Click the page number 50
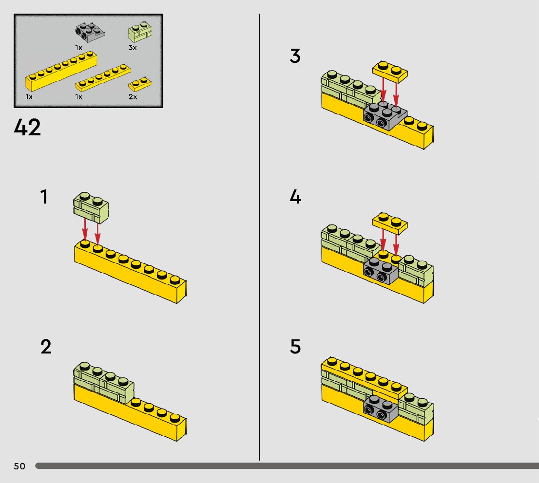click(19, 466)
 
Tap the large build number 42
click(28, 128)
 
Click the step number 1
click(44, 197)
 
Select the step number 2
click(46, 347)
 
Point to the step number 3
click(295, 56)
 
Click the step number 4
click(295, 197)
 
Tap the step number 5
click(295, 347)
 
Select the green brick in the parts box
click(139, 32)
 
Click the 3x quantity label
click(133, 48)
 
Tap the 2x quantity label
click(133, 97)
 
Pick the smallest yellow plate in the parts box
click(140, 84)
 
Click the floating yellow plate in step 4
click(390, 222)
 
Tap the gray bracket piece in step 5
click(381, 409)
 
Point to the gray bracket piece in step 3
click(384, 116)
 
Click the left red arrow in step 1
click(85, 229)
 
